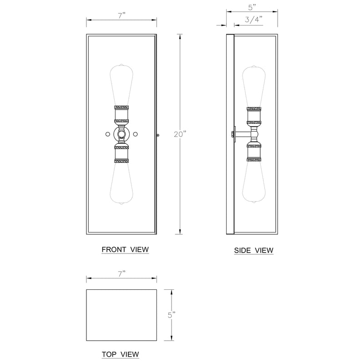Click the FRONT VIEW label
click(125, 249)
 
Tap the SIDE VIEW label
click(254, 251)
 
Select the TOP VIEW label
click(120, 354)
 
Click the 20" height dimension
click(180, 134)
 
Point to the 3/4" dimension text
click(253, 19)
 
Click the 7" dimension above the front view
click(121, 15)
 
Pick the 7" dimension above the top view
click(121, 274)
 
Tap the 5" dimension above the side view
click(252, 7)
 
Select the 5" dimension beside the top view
click(172, 315)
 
